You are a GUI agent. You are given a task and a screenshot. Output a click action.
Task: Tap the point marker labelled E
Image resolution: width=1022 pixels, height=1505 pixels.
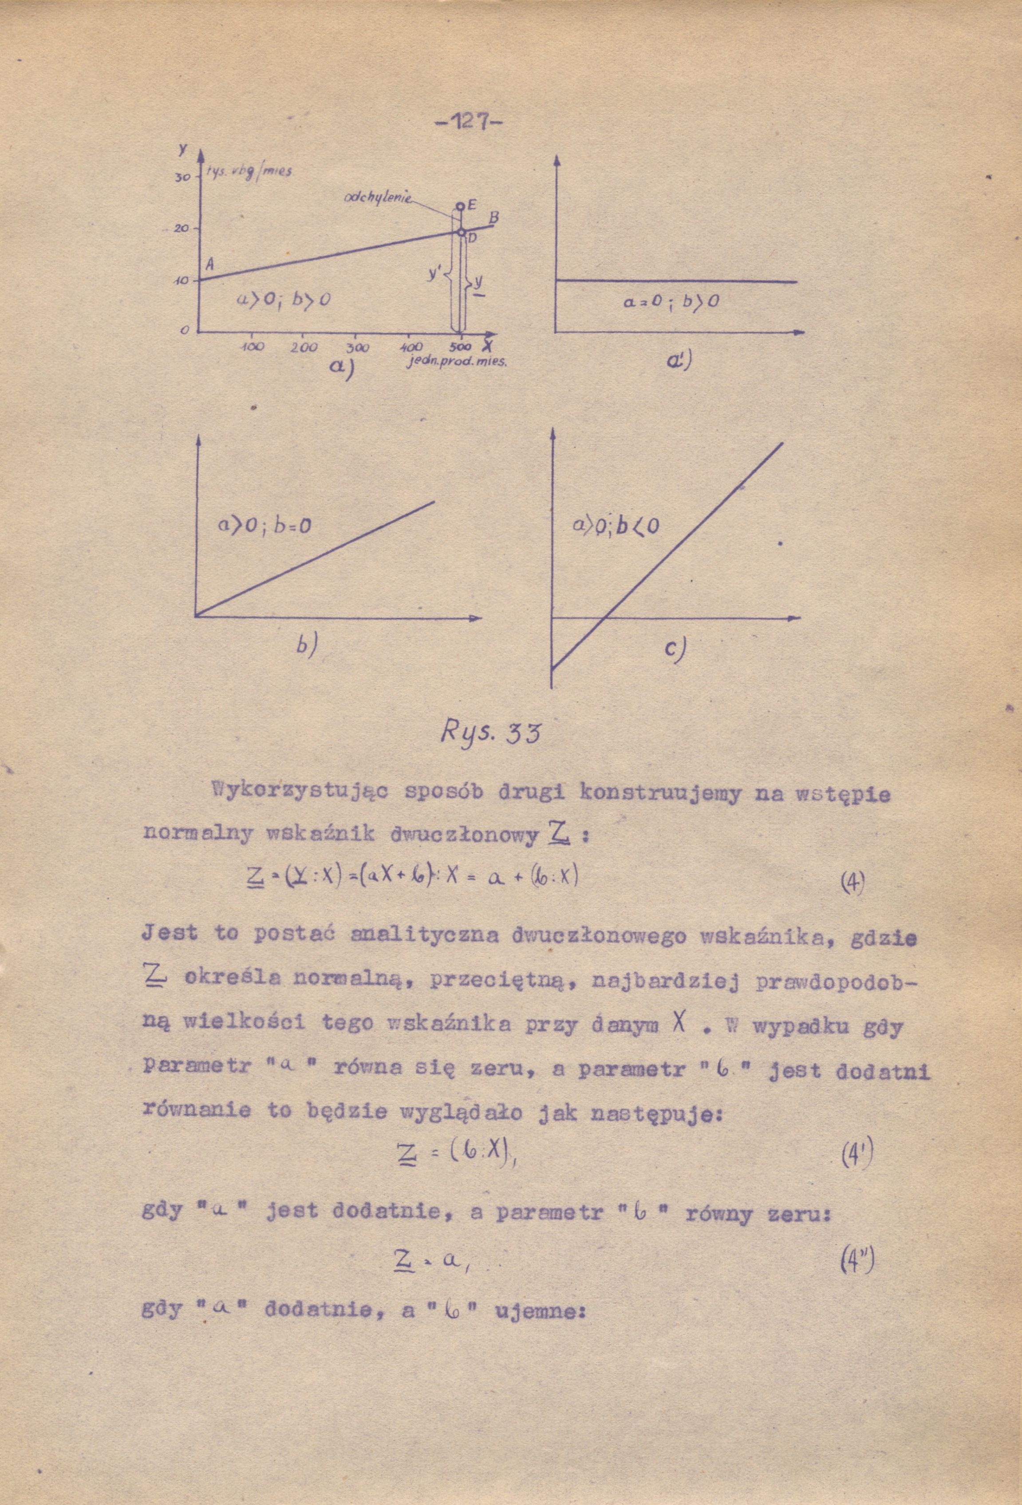[460, 206]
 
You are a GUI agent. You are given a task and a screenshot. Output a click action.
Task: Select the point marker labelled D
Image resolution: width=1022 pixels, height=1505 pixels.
[461, 231]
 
